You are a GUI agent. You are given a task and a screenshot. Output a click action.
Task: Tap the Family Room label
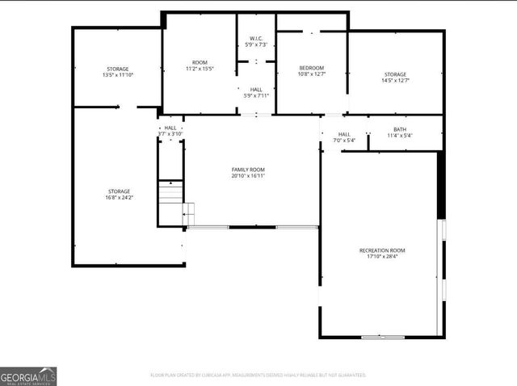click(x=249, y=168)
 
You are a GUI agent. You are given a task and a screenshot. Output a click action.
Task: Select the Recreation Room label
click(x=382, y=250)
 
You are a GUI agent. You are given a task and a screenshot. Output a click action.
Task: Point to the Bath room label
click(x=400, y=129)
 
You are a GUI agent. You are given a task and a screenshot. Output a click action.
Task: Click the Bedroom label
click(x=312, y=68)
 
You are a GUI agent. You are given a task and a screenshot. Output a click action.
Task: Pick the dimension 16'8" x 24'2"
click(x=119, y=198)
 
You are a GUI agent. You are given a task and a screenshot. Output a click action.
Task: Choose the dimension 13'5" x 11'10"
click(x=118, y=75)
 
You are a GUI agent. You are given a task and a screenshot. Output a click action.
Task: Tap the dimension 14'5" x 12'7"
click(x=396, y=80)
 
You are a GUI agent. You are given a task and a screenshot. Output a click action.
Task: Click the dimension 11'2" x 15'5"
click(x=200, y=69)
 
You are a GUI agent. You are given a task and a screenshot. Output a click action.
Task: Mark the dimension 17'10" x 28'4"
click(x=382, y=258)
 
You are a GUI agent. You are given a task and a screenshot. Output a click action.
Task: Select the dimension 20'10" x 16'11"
click(x=249, y=175)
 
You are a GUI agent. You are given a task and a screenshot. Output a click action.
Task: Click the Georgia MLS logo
click(x=28, y=376)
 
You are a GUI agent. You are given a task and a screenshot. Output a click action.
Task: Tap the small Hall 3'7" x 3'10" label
click(x=170, y=130)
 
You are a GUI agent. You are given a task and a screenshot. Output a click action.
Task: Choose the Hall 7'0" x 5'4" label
click(x=344, y=137)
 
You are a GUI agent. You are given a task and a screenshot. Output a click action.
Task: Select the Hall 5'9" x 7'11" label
click(x=256, y=92)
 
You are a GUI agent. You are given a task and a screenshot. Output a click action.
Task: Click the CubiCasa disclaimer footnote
click(x=258, y=375)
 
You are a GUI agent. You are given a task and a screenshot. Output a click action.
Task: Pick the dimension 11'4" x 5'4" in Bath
click(x=400, y=136)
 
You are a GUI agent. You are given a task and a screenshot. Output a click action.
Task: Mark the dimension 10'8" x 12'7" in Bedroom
click(x=312, y=74)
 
